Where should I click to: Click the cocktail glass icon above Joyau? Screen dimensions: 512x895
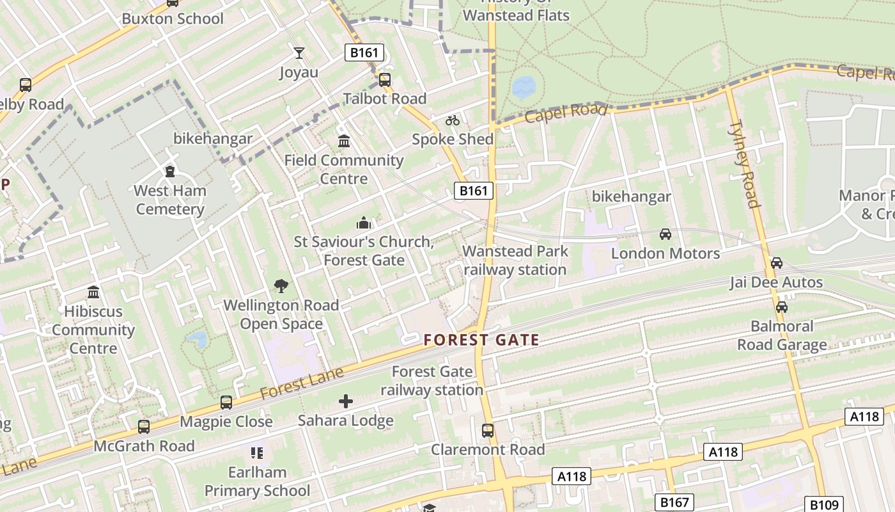click(x=299, y=53)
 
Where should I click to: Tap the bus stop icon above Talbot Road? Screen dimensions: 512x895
click(x=384, y=80)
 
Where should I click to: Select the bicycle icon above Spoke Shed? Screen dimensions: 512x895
click(x=453, y=120)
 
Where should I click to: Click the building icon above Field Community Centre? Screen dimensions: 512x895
click(x=344, y=141)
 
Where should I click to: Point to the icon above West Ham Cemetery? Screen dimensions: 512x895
click(x=170, y=172)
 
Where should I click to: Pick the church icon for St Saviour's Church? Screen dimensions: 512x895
click(x=364, y=223)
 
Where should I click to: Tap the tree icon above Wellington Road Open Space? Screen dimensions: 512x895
click(x=281, y=286)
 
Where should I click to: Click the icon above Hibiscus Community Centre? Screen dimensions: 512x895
click(x=93, y=292)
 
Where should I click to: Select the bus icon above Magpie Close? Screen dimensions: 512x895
click(x=226, y=403)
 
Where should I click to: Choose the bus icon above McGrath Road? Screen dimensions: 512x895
click(x=144, y=426)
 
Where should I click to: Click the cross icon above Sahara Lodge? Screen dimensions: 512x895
click(x=345, y=401)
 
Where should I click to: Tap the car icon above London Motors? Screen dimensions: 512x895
click(x=665, y=234)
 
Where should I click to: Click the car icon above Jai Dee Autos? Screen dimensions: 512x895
click(x=777, y=263)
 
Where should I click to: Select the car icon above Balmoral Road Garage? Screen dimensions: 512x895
click(x=782, y=307)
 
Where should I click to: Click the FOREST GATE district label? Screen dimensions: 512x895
click(x=481, y=340)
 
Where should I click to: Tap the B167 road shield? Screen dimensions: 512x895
click(x=674, y=502)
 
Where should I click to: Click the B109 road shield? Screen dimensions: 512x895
click(x=824, y=504)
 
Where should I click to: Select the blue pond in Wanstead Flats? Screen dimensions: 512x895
click(x=524, y=87)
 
